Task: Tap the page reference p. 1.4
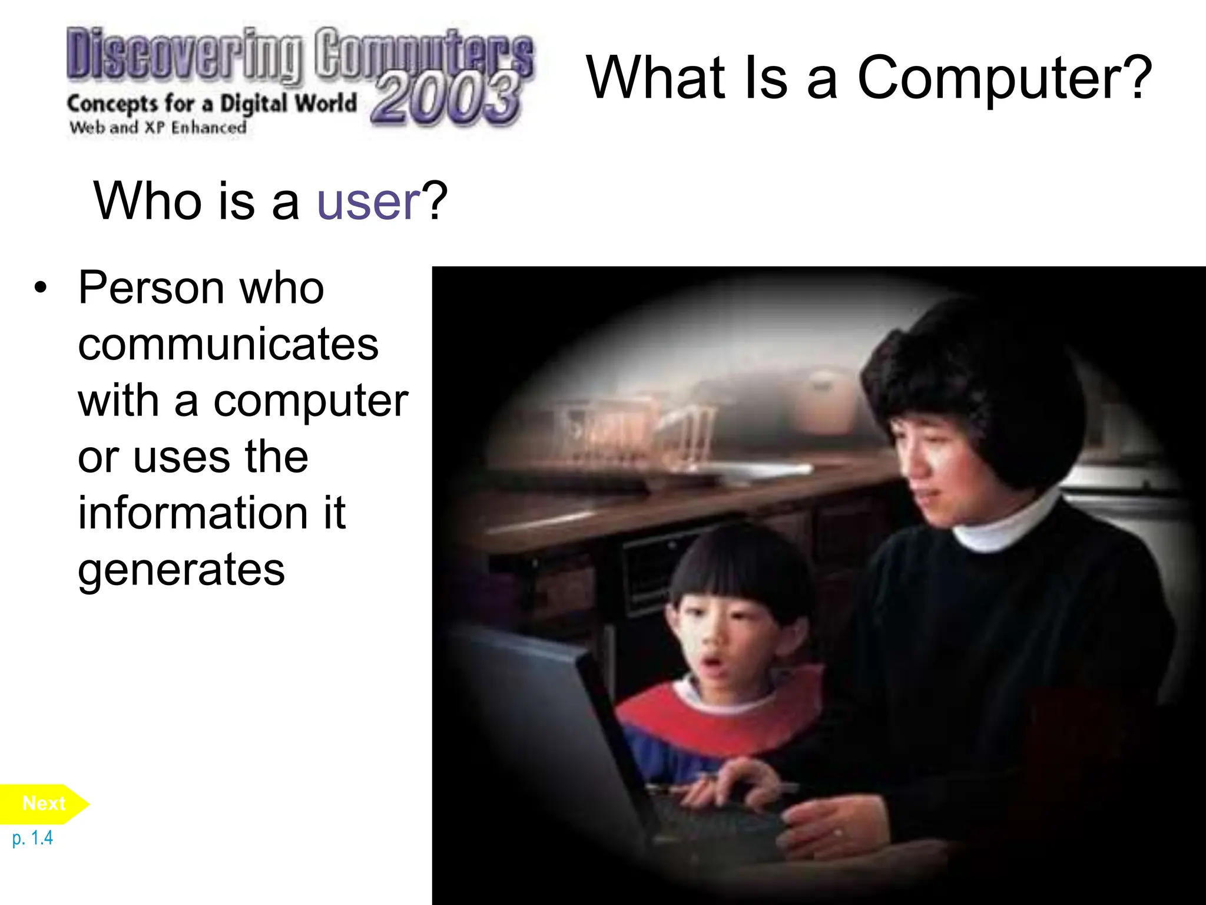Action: coord(32,838)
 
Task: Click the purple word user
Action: coord(369,202)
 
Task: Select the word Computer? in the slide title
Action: coord(1004,78)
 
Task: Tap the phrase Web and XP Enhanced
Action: coord(158,127)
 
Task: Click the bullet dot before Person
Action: coord(40,288)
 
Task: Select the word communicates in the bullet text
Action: coord(228,344)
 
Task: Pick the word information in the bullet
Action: coord(193,513)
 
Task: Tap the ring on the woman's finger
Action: coord(838,833)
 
